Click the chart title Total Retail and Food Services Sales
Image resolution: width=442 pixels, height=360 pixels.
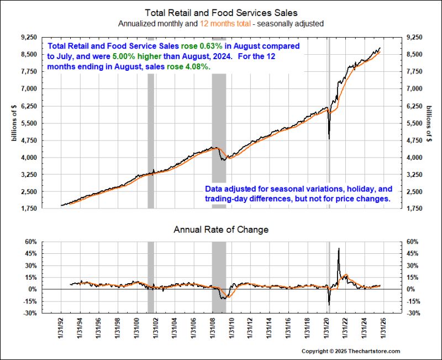220,12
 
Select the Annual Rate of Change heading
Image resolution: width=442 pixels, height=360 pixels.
220,229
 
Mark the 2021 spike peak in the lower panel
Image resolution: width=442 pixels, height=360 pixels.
338,249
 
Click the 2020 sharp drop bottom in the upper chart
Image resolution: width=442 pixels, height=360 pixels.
329,138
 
